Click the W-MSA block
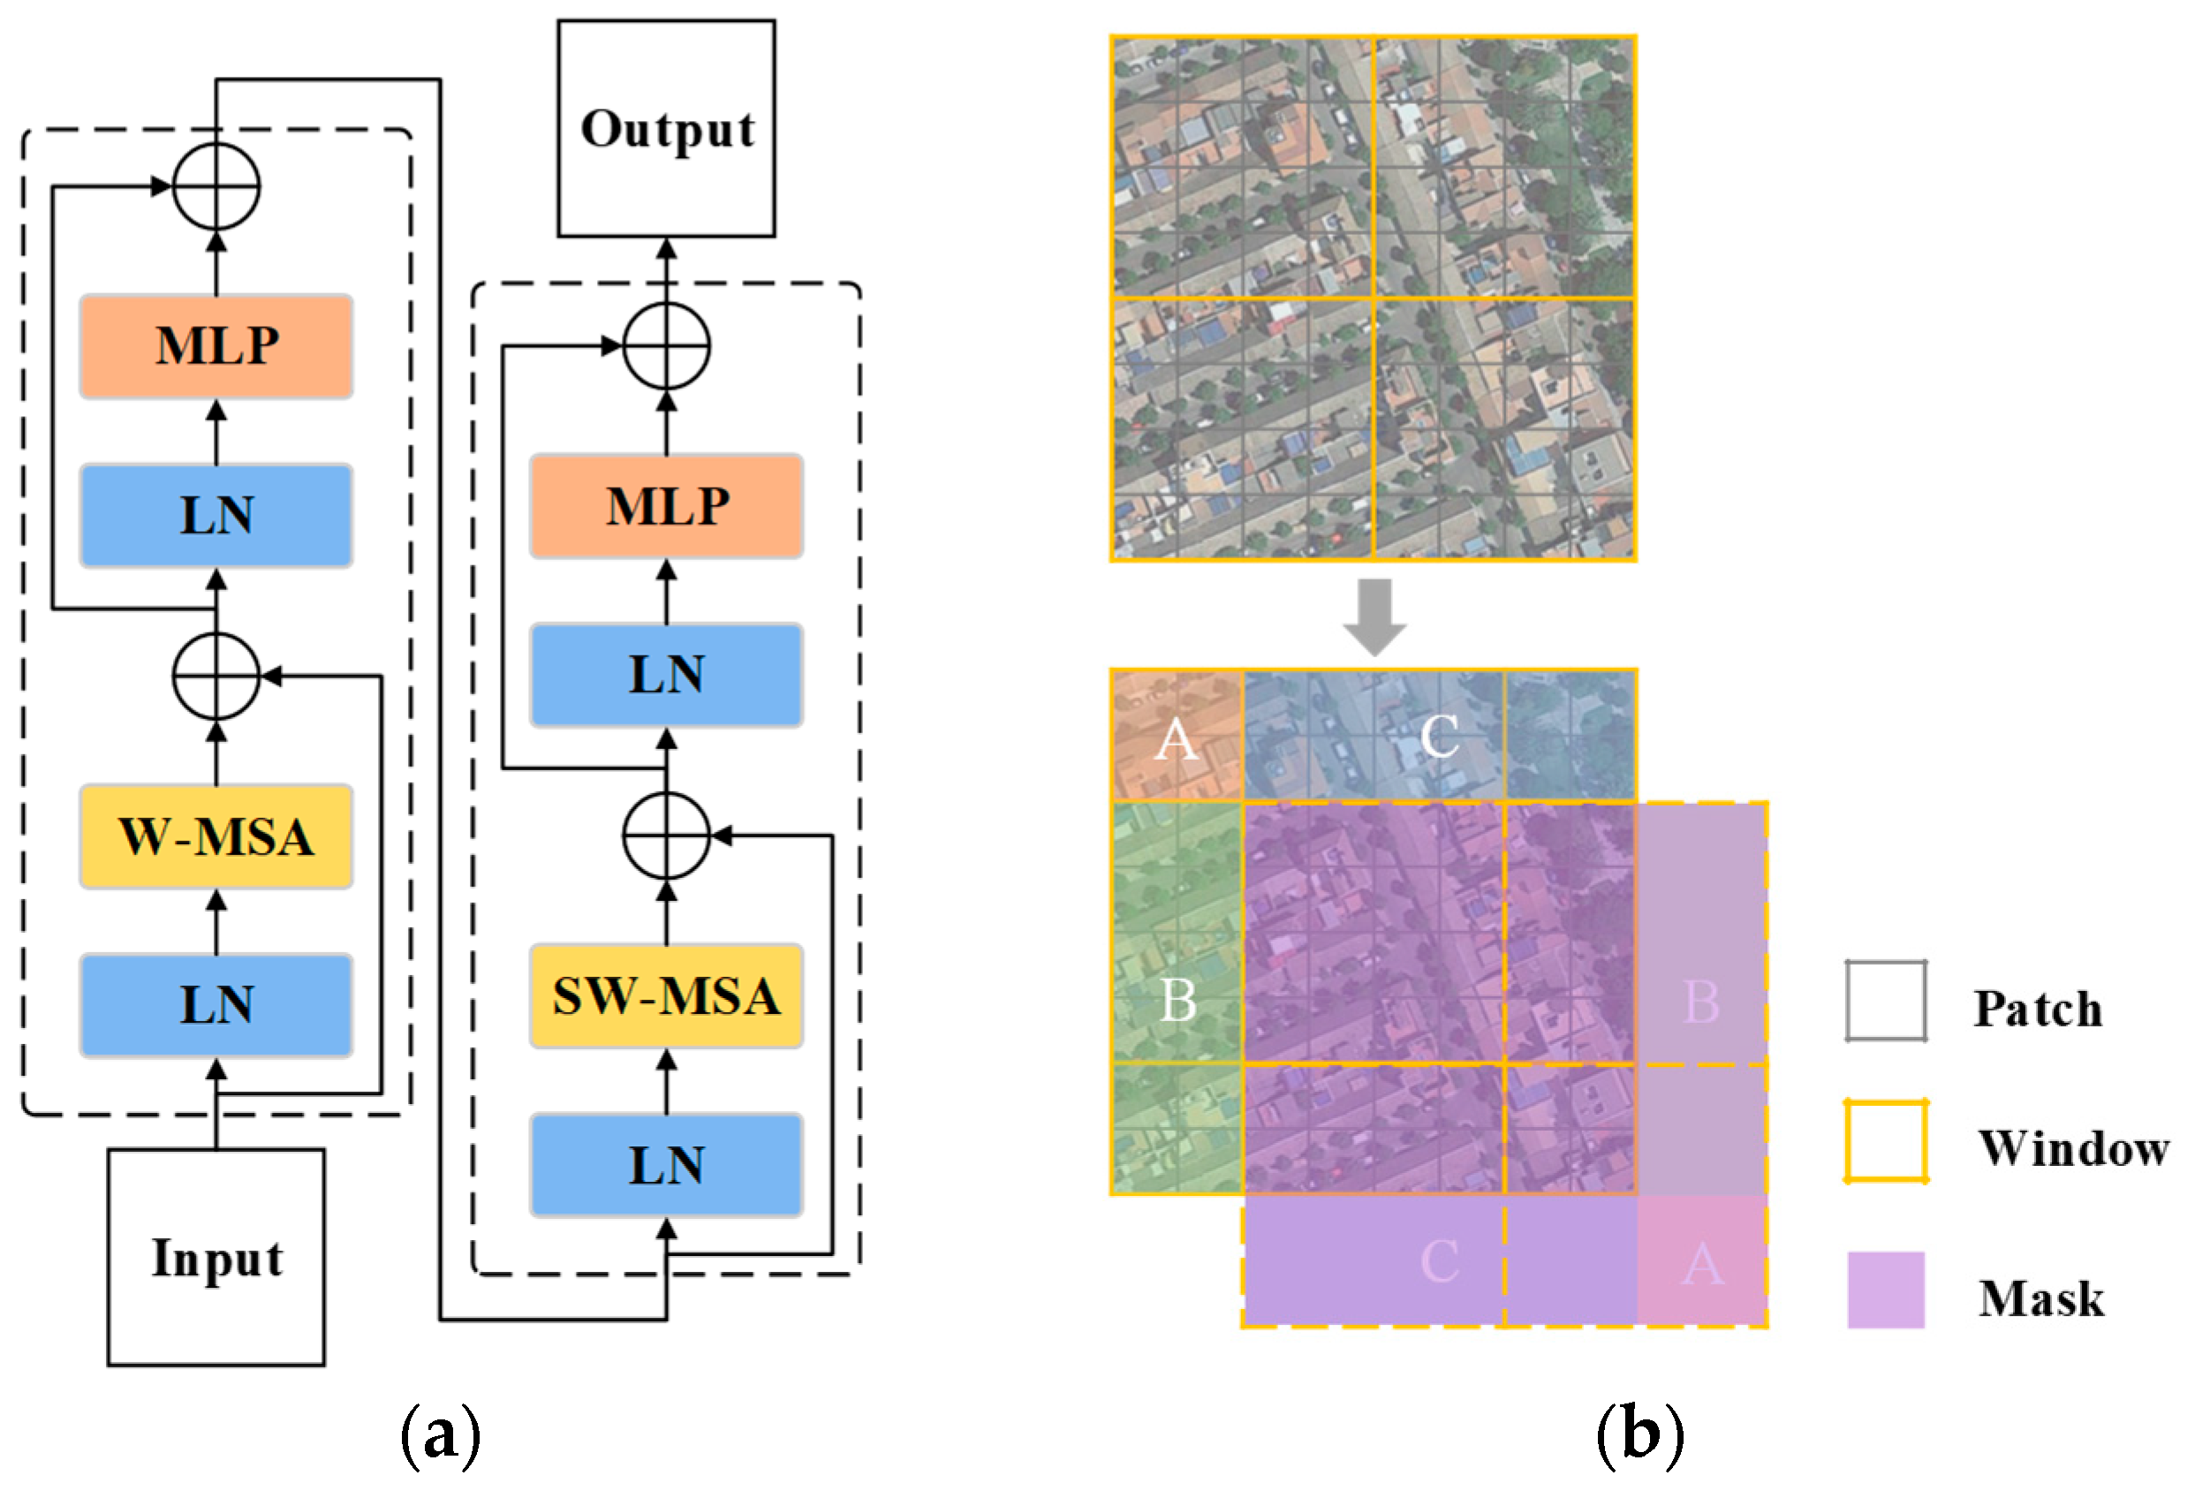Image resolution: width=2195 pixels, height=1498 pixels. pyautogui.click(x=216, y=836)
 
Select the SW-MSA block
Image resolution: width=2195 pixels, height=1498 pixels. pyautogui.click(x=666, y=995)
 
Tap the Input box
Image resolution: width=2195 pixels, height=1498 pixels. pyautogui.click(x=216, y=1257)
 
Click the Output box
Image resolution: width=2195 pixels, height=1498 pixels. pyautogui.click(x=666, y=128)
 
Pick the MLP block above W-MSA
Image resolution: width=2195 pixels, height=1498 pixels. pyautogui.click(x=216, y=345)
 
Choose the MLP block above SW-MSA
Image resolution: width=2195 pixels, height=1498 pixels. pyautogui.click(x=666, y=505)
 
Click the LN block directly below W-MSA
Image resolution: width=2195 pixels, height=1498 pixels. pyautogui.click(x=216, y=1004)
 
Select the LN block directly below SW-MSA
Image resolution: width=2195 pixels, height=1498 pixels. pyautogui.click(x=666, y=1165)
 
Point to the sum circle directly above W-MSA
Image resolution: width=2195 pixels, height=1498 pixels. pyautogui.click(x=216, y=677)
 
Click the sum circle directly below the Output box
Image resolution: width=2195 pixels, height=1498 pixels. pyautogui.click(x=666, y=345)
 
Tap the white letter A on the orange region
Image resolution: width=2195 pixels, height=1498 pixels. pyautogui.click(x=1176, y=738)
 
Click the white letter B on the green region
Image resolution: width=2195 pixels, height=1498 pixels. pyautogui.click(x=1177, y=999)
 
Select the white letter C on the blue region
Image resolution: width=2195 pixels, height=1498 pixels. pyautogui.click(x=1439, y=736)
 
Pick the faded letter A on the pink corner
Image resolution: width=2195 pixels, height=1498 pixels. pyautogui.click(x=1702, y=1264)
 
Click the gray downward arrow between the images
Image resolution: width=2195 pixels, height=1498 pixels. pyautogui.click(x=1374, y=617)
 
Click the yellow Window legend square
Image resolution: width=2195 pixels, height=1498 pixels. pyautogui.click(x=1885, y=1141)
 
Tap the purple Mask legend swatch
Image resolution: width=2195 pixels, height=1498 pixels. pyautogui.click(x=1885, y=1290)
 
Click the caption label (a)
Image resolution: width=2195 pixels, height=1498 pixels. pyautogui.click(x=440, y=1435)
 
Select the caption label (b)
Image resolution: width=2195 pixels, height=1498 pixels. pyautogui.click(x=1639, y=1435)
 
